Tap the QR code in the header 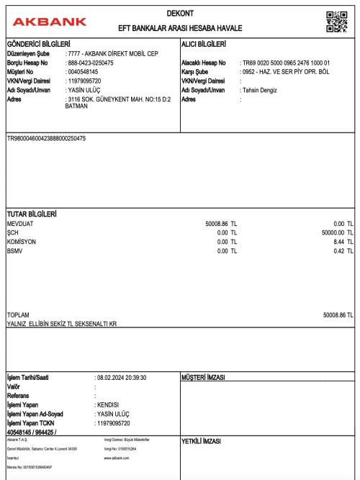336,22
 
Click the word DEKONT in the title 180,14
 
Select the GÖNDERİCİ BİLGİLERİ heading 37,45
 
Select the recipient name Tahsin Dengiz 261,90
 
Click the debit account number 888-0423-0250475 89,63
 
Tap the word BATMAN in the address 76,106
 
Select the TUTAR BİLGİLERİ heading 32,214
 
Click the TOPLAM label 18,315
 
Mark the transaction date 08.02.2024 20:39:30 120,377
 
